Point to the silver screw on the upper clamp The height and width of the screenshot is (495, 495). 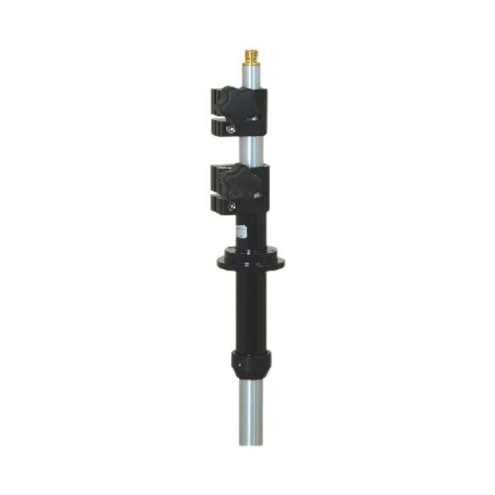pos(233,128)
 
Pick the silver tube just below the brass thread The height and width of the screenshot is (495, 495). pos(251,76)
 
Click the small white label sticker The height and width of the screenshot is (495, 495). pos(243,230)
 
